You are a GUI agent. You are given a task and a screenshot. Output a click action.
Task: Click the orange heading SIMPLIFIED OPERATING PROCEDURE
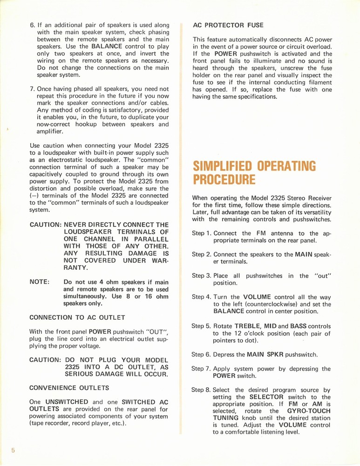pos(254,172)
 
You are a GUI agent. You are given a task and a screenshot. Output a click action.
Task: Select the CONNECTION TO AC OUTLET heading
pos(77,317)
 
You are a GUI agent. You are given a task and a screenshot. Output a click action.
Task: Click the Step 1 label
pos(202,233)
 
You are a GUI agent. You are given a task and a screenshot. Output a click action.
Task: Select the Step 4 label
pos(202,297)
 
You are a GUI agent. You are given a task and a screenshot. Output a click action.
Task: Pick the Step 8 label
pos(202,390)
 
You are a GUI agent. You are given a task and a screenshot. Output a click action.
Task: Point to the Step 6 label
pos(202,354)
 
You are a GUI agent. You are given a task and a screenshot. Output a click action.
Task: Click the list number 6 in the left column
pos(33,25)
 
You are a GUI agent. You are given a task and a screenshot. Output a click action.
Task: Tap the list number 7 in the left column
pos(33,89)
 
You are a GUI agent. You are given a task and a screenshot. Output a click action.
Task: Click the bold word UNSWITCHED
pos(67,402)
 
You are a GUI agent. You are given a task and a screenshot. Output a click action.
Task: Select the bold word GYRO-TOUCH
pos(309,411)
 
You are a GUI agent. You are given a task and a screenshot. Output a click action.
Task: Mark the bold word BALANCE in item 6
pos(108,47)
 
